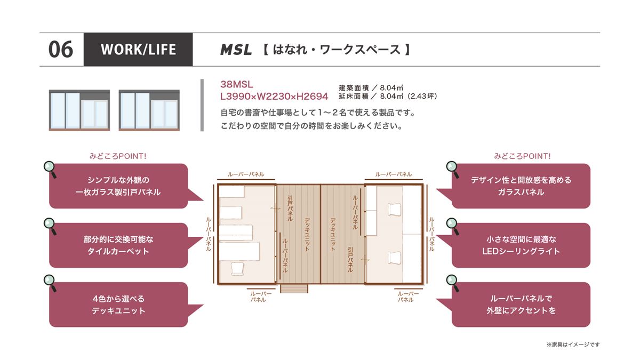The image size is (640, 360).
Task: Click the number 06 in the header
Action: pyautogui.click(x=61, y=50)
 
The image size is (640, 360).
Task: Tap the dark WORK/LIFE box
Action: pyautogui.click(x=138, y=50)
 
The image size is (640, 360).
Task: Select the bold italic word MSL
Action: pyautogui.click(x=236, y=50)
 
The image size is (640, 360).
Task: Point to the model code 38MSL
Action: pyautogui.click(x=237, y=84)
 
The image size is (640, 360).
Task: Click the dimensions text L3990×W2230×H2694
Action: pyautogui.click(x=274, y=97)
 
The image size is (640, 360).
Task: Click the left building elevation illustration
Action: pyautogui.click(x=79, y=110)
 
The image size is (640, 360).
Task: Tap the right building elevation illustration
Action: pyautogui.click(x=149, y=110)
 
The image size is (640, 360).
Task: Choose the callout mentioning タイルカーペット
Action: pyautogui.click(x=118, y=245)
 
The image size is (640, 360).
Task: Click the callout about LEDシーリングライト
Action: pyautogui.click(x=521, y=245)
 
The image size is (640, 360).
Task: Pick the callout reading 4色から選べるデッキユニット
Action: pyautogui.click(x=118, y=305)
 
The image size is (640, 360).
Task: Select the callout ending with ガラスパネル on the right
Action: pyautogui.click(x=521, y=186)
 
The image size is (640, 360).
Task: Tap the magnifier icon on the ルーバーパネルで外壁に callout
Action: pyautogui.click(x=453, y=282)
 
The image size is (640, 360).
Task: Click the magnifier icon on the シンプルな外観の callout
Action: pyautogui.click(x=50, y=169)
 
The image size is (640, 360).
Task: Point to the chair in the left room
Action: pyautogui.click(x=237, y=269)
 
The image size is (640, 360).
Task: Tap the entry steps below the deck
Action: pyautogui.click(x=294, y=289)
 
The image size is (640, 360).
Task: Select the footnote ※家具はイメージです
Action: pyautogui.click(x=573, y=345)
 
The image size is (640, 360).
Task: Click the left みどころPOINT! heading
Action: pyautogui.click(x=118, y=156)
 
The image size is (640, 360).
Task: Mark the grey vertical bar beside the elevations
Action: pyautogui.click(x=202, y=105)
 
